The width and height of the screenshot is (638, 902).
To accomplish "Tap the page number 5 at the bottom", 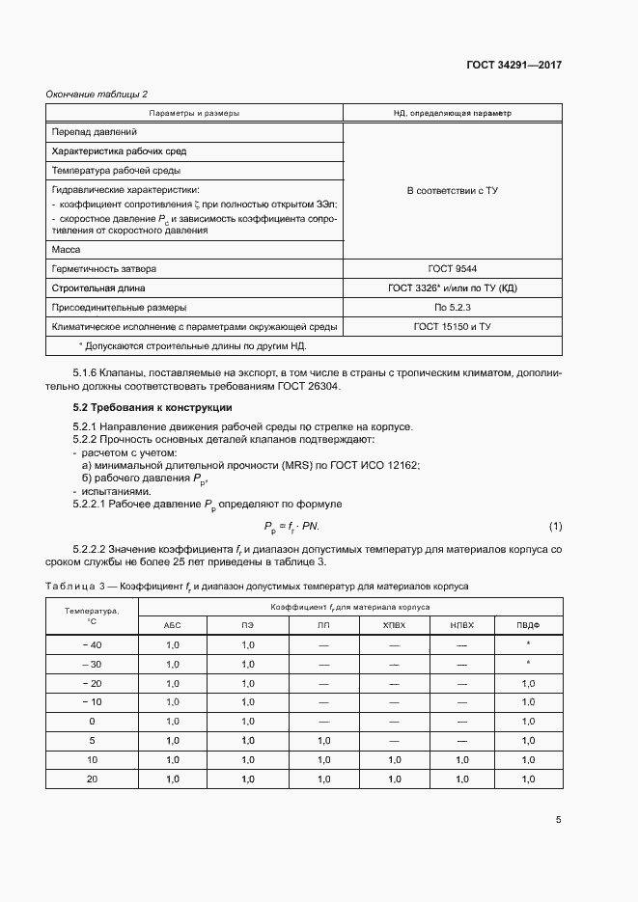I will coord(558,821).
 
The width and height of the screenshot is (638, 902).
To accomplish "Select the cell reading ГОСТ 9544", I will coord(453,268).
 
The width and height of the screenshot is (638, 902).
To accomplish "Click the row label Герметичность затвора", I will coord(104,268).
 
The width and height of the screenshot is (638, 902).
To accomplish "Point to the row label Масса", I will coord(67,249).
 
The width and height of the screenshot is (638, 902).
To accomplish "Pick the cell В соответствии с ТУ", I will coord(453,190).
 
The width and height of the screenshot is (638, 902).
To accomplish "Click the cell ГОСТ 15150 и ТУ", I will coord(453,327).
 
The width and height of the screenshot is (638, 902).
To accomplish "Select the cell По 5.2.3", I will coord(453,308).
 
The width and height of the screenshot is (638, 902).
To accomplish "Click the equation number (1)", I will coord(555,526).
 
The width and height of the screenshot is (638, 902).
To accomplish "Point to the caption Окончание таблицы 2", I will coord(97,94).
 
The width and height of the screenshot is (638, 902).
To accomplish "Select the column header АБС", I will coord(174,625).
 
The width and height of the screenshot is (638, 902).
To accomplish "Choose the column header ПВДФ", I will coord(528,625).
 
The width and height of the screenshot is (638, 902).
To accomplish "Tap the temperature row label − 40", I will coord(93,644).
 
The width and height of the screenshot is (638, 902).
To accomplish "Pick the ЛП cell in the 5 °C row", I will coord(322,741).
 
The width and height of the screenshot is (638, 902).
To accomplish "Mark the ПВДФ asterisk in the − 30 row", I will coord(528,664).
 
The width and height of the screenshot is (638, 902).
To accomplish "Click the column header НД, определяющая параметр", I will coord(453,113).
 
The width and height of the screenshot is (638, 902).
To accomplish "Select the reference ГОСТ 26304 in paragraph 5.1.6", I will coord(309,387).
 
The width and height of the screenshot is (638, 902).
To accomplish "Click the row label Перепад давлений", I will coord(95,131).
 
